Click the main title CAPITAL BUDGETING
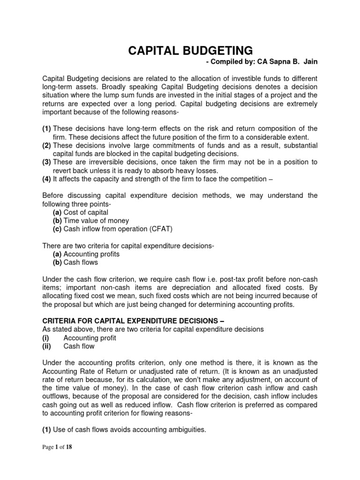[190, 50]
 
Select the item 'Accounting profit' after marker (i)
[90, 337]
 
